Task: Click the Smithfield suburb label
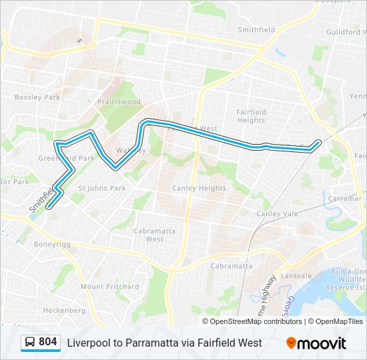tap(258, 30)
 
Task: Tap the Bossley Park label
tap(37, 97)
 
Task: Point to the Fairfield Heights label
tap(252, 116)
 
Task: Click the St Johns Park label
tap(102, 188)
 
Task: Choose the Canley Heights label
tap(200, 189)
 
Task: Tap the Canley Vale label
tap(278, 213)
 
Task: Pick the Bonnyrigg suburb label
tap(51, 245)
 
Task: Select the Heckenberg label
tap(64, 311)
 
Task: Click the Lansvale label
tap(296, 275)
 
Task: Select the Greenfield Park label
tap(66, 159)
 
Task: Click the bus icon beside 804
tap(30, 342)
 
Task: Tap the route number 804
tap(48, 342)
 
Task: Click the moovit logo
tap(316, 343)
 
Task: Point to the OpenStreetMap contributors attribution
tap(256, 321)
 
